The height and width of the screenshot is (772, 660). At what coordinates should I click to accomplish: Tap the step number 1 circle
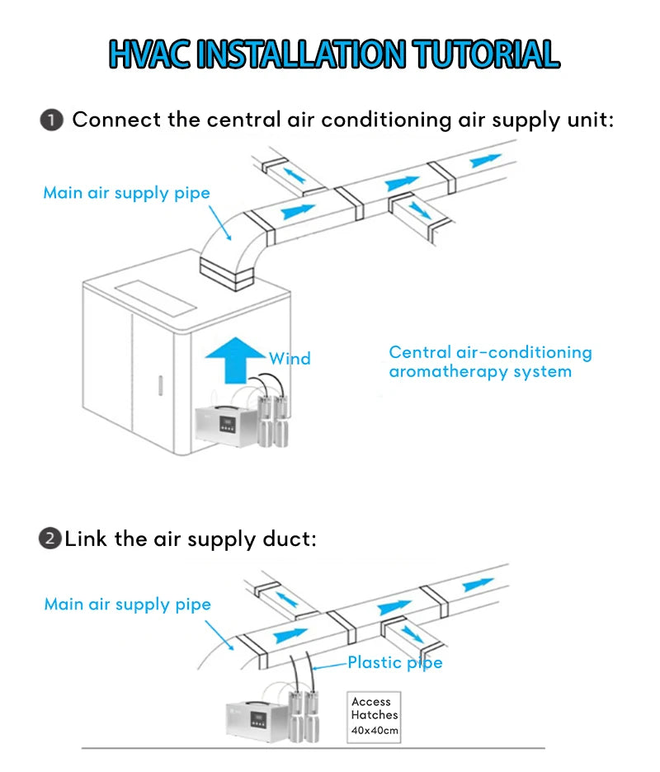coord(51,120)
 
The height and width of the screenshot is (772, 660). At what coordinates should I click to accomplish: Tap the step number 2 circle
coord(50,539)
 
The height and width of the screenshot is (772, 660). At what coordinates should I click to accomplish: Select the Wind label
coord(290,359)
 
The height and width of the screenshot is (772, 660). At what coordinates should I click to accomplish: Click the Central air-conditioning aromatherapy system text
coord(490,362)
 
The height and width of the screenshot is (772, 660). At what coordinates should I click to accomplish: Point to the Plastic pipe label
coord(394,662)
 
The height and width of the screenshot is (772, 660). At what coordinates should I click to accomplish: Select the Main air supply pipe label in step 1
coord(126,193)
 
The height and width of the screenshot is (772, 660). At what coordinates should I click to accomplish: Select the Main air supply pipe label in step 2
coord(127,605)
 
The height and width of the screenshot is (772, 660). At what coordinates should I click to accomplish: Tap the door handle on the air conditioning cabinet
coord(162,385)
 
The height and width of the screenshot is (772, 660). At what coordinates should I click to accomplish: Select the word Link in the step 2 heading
coord(84,539)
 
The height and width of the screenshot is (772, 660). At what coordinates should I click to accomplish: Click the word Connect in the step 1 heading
coord(116,120)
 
